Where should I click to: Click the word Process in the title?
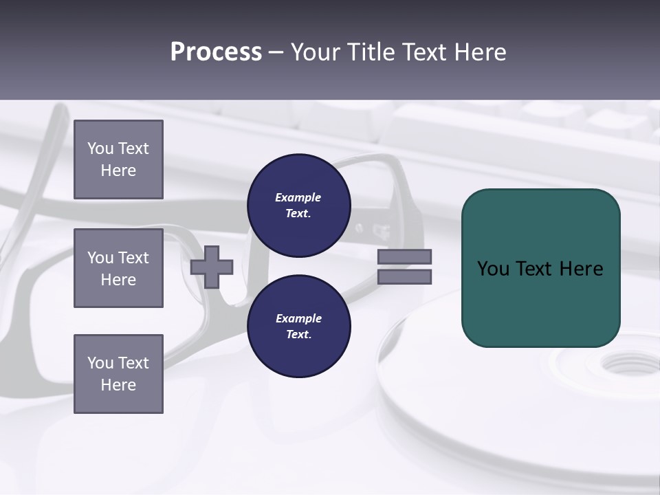[216, 52]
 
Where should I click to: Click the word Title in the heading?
[371, 52]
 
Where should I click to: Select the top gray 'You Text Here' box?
[118, 159]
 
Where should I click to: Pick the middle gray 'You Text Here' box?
[118, 268]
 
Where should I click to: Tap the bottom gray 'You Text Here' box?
[118, 374]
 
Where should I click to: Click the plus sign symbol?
[212, 267]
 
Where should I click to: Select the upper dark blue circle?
[298, 206]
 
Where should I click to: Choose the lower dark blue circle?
[298, 327]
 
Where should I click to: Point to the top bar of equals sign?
[404, 257]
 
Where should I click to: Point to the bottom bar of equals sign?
[404, 277]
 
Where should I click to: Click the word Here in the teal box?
[581, 269]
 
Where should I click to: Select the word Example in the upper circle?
[298, 197]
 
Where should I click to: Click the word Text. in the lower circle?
[298, 335]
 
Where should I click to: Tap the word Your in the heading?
[317, 52]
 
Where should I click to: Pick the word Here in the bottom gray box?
[118, 385]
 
